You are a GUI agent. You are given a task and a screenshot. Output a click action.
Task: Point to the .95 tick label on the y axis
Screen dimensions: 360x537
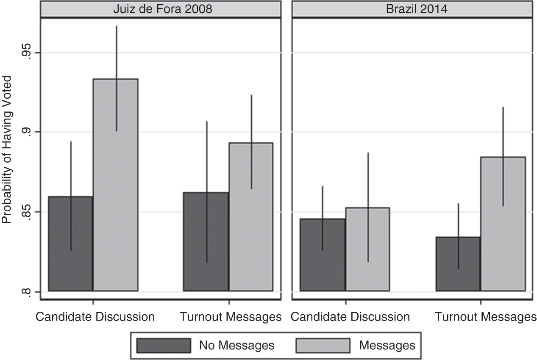[25, 53]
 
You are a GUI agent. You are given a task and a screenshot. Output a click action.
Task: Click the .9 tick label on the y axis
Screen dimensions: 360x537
[25, 132]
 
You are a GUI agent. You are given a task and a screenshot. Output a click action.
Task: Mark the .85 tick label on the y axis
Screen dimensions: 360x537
[25, 212]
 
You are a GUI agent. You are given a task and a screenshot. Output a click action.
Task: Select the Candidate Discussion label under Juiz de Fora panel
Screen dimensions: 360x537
[95, 317]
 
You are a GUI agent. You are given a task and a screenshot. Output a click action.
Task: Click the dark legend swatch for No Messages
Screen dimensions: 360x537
[163, 345]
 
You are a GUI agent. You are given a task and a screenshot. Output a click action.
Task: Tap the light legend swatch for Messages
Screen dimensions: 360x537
[323, 345]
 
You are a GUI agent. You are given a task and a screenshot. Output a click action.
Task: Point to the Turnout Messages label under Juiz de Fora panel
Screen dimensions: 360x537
[231, 317]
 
